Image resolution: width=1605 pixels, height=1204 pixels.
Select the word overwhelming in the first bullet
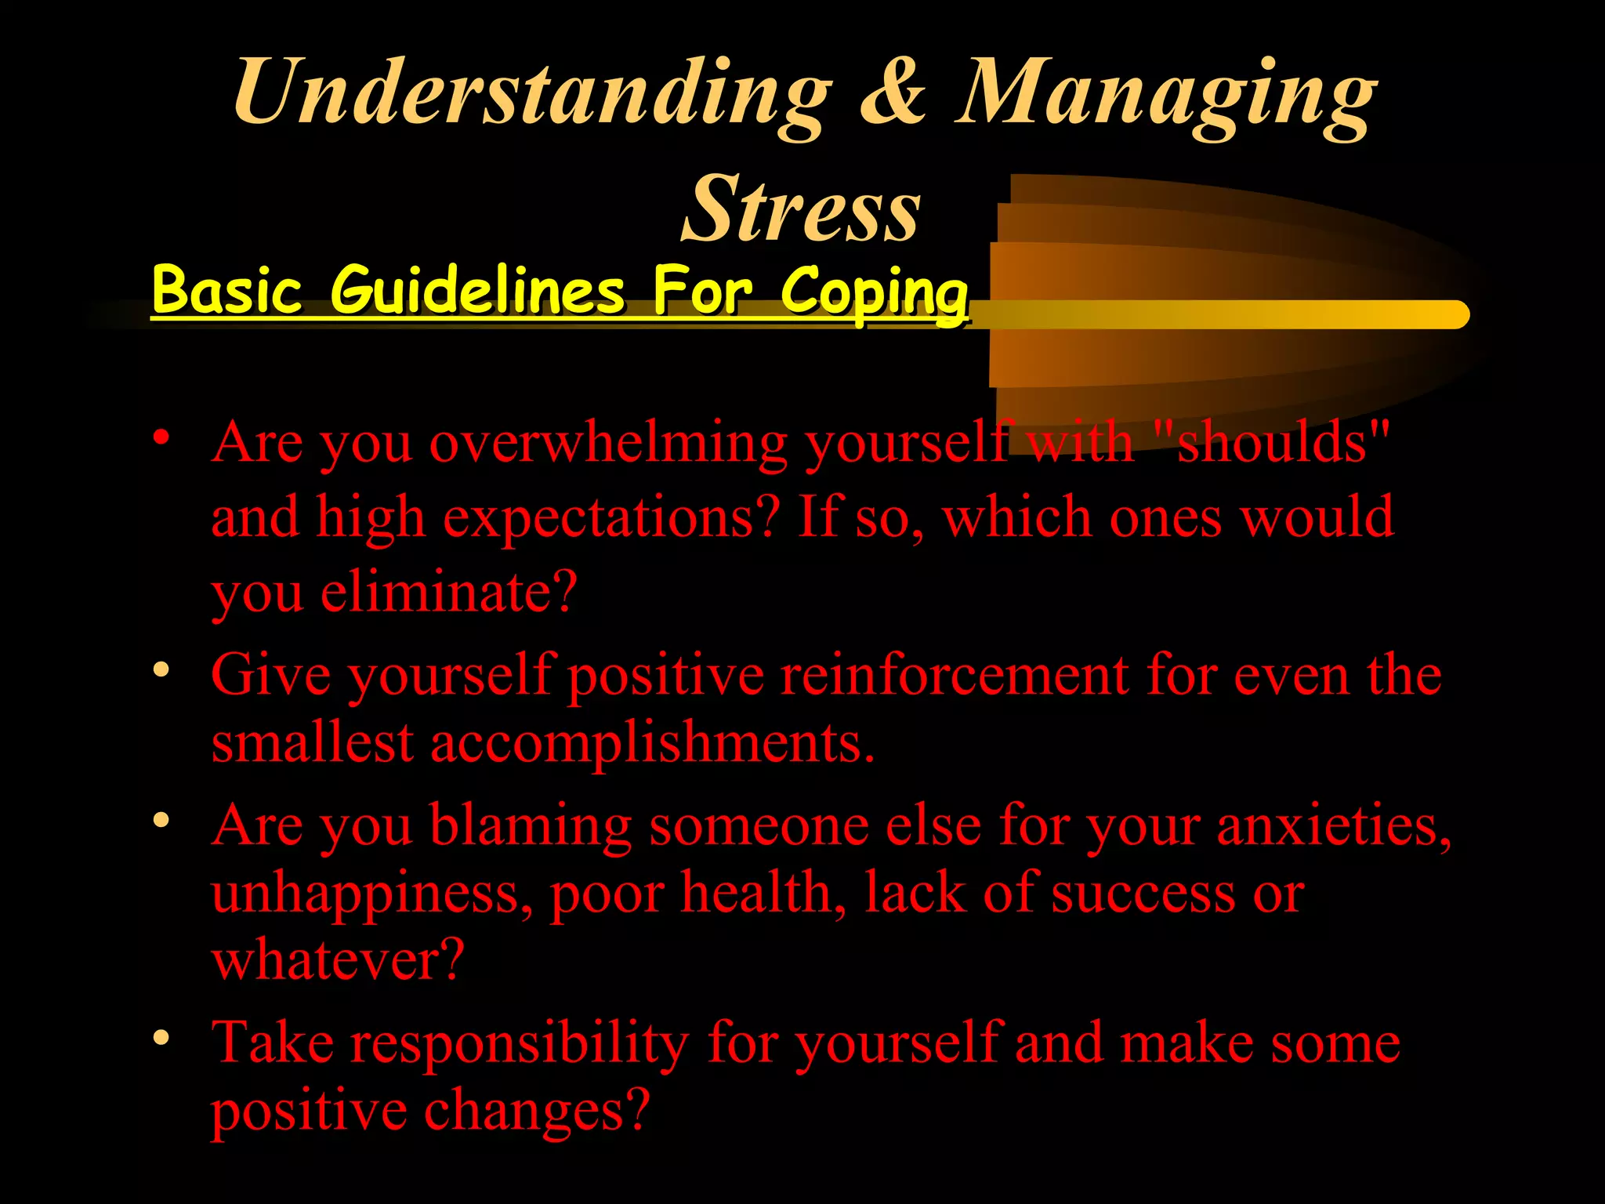608,443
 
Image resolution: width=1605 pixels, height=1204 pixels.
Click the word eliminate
448,592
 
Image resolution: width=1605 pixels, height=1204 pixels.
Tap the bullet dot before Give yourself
161,669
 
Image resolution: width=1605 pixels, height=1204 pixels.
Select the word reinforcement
954,675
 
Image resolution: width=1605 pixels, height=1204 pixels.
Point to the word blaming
531,826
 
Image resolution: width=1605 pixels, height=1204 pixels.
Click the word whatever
338,959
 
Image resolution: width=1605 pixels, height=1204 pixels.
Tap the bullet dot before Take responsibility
161,1038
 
